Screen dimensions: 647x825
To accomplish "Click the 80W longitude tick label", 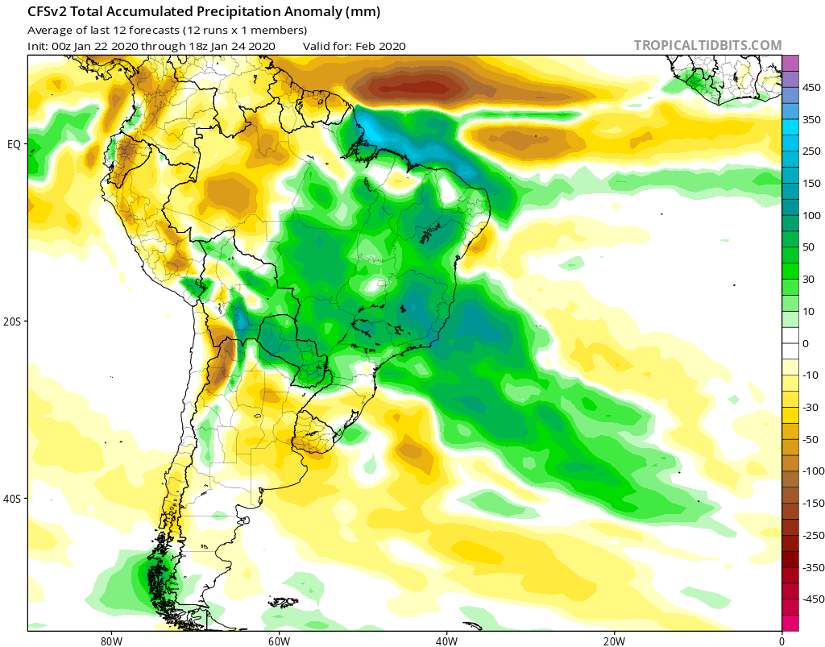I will click(x=111, y=641).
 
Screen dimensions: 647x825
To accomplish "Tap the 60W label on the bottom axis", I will click(x=279, y=641).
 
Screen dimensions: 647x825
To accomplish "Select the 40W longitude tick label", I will click(x=446, y=641).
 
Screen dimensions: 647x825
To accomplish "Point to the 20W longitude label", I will click(x=614, y=641).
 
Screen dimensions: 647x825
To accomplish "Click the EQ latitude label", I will click(x=14, y=144).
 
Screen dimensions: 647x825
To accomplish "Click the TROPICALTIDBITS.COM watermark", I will click(x=707, y=45).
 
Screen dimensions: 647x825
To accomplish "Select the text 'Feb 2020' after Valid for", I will click(x=381, y=46).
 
